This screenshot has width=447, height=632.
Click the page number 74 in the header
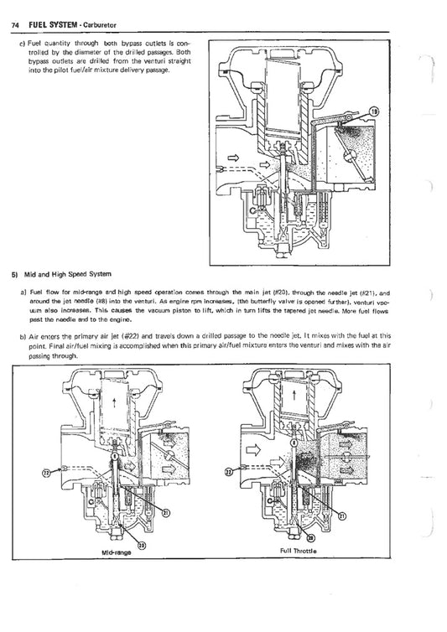coord(15,23)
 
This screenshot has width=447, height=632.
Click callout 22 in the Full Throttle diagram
coord(229,471)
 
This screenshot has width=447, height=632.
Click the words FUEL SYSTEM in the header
coord(52,23)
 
